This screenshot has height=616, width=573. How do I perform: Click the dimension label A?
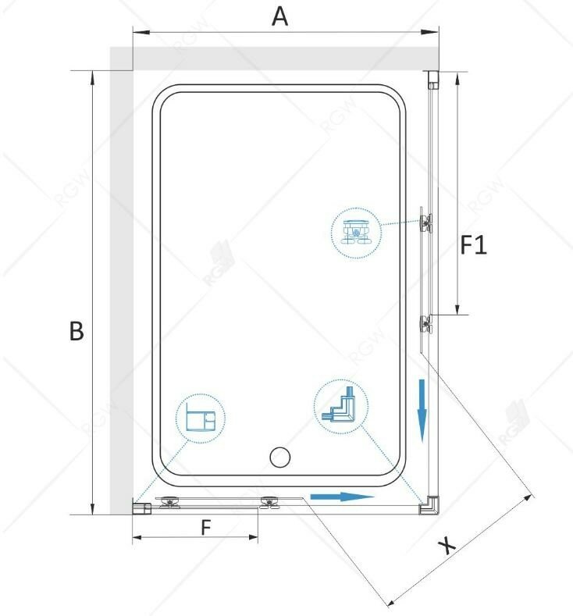[279, 16]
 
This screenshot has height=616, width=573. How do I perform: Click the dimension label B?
[75, 331]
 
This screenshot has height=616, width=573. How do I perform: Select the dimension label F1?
[472, 247]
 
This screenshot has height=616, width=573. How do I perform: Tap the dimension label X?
[447, 545]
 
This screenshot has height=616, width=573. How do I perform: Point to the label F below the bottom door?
[205, 528]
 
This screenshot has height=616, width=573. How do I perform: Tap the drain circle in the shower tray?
[278, 458]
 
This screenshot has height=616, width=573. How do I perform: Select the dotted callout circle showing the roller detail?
[357, 233]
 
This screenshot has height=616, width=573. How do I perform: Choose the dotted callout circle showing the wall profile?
[200, 419]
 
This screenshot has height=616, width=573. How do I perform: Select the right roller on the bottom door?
[270, 504]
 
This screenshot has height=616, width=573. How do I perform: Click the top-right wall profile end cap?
[432, 80]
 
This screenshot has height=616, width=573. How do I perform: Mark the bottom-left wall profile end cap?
[141, 508]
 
